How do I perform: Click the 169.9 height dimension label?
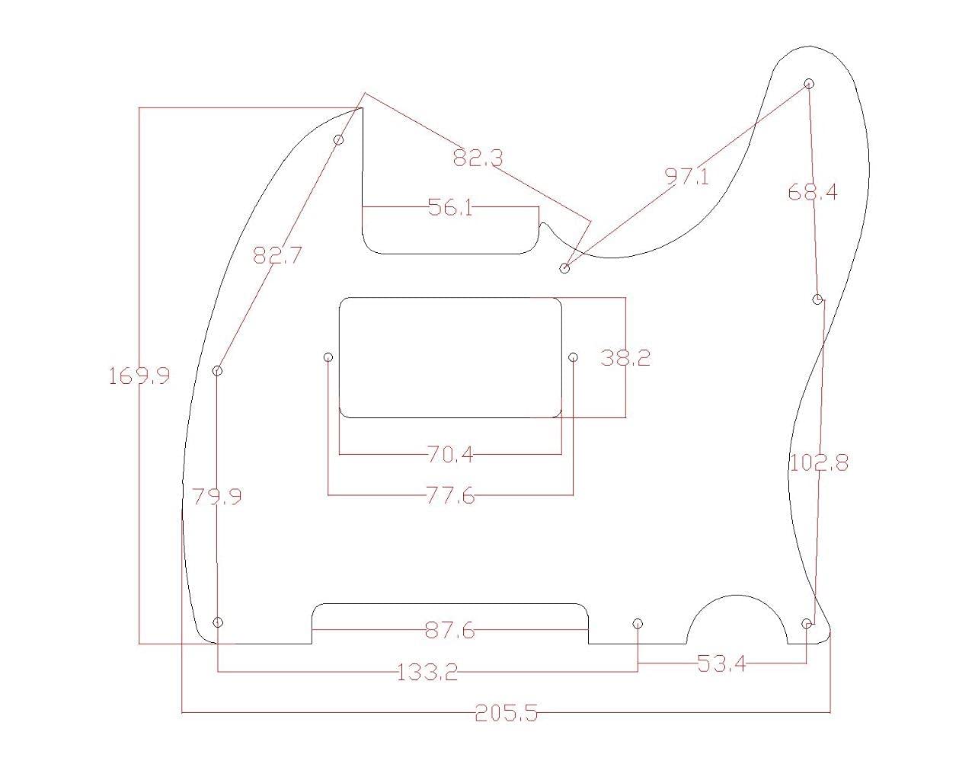139,376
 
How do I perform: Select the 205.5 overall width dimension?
506,713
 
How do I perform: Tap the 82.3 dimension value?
478,158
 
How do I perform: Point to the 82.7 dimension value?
277,255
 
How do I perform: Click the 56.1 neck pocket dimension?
450,207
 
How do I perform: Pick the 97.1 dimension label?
686,177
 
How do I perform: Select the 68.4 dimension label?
812,192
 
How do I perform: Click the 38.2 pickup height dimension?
625,357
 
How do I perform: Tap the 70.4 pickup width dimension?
450,455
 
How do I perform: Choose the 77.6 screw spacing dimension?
450,497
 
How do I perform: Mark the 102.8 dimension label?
819,462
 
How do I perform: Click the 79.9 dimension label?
217,497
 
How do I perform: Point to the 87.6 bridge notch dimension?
449,631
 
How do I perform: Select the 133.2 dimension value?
427,672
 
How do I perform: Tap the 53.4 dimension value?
721,663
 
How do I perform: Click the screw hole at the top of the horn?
809,84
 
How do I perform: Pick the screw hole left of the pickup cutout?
328,357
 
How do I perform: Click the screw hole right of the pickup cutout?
574,357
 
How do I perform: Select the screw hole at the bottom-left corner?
218,622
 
